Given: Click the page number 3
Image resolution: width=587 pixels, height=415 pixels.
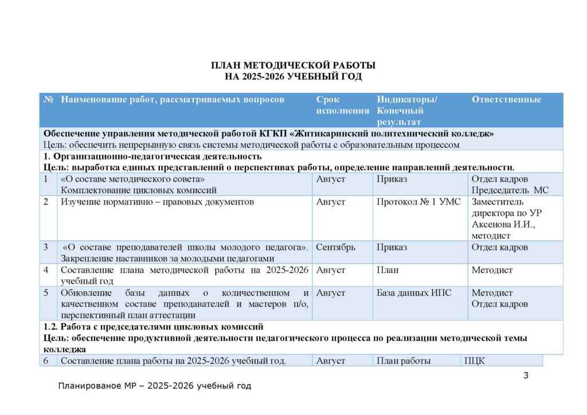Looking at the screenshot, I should tap(526, 375).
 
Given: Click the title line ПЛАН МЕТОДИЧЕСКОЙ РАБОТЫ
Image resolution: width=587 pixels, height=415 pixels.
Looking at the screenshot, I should tap(293, 65).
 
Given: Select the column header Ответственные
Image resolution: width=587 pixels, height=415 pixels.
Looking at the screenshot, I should tap(506, 100).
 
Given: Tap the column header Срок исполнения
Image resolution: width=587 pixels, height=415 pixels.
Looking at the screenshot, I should tap(342, 105).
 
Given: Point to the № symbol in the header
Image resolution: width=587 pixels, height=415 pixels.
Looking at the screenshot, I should tap(49, 100).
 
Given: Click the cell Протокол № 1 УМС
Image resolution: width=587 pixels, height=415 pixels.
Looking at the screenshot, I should tap(418, 202).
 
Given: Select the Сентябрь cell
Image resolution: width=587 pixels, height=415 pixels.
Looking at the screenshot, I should tap(335, 247).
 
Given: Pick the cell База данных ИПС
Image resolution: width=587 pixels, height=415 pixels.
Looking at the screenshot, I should tap(414, 293).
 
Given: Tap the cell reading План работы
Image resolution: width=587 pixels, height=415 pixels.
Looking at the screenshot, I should tap(404, 361).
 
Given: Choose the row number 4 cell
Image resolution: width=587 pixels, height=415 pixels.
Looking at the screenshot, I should tap(46, 270).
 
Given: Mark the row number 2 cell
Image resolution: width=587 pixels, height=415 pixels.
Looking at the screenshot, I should tap(46, 202).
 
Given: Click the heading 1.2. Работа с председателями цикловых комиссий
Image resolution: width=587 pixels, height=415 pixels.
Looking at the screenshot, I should tap(154, 327).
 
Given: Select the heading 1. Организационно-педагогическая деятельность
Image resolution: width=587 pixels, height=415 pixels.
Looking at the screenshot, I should tap(152, 156).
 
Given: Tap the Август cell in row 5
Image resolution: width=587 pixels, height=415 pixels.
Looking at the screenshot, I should tap(331, 293).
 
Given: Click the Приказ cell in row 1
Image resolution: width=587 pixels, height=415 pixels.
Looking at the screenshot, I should tap(392, 179).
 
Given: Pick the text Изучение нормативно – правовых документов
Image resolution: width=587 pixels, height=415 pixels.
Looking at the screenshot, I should tap(157, 202).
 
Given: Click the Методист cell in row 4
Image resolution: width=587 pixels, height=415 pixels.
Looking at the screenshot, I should tap(492, 270).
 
